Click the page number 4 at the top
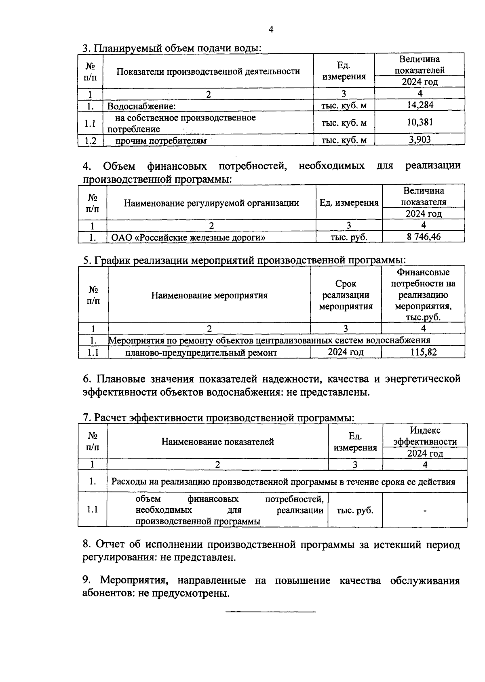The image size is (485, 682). tap(271, 29)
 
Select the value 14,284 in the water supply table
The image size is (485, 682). tap(420, 105)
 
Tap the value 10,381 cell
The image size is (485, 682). tap(420, 122)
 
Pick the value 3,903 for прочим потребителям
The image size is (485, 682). tap(420, 140)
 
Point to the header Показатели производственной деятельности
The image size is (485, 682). tap(208, 72)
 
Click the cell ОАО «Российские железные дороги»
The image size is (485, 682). tap(188, 237)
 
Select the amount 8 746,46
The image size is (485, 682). tap(424, 237)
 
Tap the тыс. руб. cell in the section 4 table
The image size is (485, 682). tap(349, 237)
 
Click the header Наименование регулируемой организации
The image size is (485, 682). tap(211, 203)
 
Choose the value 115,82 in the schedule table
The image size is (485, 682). tap(423, 352)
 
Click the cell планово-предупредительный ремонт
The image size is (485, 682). tap(201, 353)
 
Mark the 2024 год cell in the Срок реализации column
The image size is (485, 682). tap(346, 352)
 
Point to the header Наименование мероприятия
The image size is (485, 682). tap(209, 295)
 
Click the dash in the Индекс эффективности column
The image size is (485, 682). tap(425, 511)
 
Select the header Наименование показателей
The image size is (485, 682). tap(217, 442)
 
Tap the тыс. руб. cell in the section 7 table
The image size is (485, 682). tap(355, 510)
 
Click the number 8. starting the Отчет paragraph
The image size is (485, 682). tap(87, 545)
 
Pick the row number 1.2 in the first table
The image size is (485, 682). tap(90, 141)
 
